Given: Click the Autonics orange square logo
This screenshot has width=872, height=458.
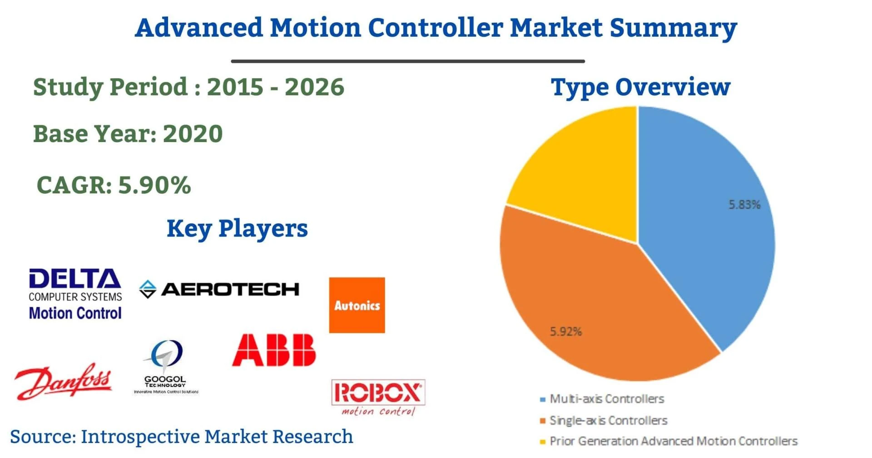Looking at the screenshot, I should point(357,305).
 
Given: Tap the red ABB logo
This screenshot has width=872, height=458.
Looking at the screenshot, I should point(273,350).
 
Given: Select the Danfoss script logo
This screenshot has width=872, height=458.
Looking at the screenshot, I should point(64,381).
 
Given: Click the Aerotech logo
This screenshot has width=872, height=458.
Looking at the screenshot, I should point(219,289).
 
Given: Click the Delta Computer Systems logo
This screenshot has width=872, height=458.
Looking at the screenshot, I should point(75,294).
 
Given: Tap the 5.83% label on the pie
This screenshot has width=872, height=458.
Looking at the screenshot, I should point(744,205).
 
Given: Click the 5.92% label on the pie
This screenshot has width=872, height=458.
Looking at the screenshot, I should point(565,331).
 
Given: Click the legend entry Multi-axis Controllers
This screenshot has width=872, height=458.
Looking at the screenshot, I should point(606,399).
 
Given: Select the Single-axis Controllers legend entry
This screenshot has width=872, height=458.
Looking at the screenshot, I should point(608,420).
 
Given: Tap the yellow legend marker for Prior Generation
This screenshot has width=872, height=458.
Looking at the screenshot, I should point(542,442).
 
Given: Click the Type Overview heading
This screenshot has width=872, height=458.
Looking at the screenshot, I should point(640,87).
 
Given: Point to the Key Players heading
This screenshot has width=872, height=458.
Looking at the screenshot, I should point(237,228).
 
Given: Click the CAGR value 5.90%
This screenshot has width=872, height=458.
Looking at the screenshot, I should point(154,185).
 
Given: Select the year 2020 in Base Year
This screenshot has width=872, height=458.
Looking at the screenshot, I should point(193,134).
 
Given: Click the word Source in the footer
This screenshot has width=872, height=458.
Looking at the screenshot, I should point(42,437).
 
